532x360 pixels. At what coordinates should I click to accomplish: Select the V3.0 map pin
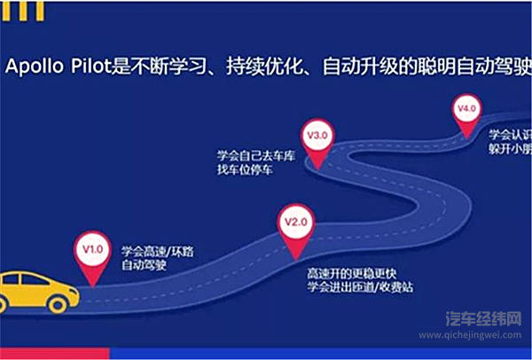[x=317, y=138]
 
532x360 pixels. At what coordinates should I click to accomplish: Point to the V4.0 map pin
[x=466, y=112]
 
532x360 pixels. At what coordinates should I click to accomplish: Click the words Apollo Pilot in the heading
[x=51, y=66]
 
